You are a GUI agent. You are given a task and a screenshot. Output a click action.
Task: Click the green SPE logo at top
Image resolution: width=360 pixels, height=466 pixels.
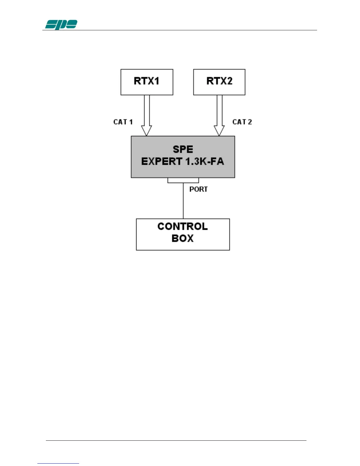(61, 25)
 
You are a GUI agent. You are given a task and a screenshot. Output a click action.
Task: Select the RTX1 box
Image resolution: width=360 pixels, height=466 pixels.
(147, 82)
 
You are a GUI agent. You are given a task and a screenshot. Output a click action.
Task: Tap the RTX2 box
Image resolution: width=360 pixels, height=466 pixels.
(219, 82)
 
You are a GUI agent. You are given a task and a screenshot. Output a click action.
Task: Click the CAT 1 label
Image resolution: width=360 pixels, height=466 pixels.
(123, 122)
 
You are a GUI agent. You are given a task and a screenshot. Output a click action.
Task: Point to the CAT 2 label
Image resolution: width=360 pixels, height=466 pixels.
(242, 122)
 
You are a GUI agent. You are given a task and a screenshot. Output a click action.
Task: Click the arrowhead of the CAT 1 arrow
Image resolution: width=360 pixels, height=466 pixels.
(146, 131)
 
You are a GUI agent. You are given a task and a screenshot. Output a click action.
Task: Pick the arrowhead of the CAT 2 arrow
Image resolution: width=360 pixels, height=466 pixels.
(219, 131)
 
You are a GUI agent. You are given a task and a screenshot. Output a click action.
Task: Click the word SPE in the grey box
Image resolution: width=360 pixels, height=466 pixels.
(183, 149)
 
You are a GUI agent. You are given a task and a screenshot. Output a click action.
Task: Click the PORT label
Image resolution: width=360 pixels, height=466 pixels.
(199, 189)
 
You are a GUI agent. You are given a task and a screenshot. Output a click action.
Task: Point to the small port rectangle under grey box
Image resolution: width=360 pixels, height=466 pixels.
(183, 180)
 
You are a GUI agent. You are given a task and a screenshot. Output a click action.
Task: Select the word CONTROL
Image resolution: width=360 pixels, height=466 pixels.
(182, 227)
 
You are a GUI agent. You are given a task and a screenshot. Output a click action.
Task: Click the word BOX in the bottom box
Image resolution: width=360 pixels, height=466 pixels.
(183, 238)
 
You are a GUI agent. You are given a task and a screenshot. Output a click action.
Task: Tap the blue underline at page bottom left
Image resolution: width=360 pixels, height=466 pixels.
(58, 463)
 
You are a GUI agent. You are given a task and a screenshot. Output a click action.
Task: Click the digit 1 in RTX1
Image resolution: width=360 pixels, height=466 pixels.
(157, 81)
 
